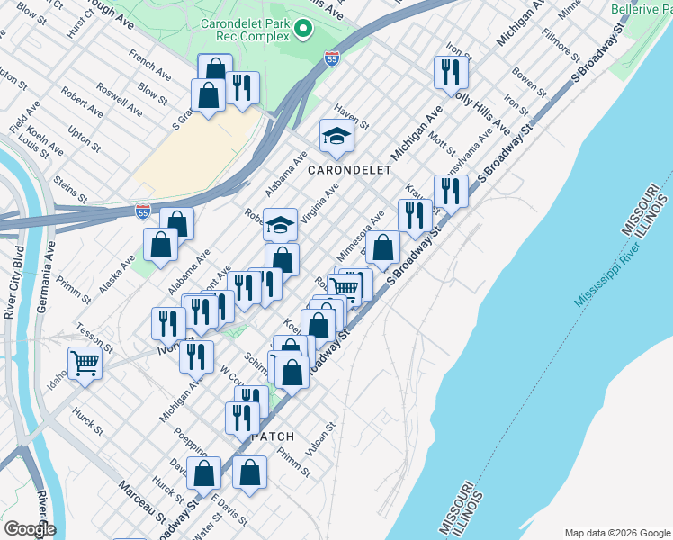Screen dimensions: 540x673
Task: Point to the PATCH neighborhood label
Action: coord(274,436)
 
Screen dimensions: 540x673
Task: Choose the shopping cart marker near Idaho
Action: coord(85,364)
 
